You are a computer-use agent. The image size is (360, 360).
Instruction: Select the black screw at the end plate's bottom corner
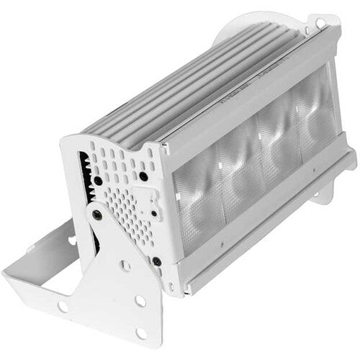pos(156,261)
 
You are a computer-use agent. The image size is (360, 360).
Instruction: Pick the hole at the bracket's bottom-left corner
pos(63,307)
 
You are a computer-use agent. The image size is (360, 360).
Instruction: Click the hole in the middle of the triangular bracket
pos(125,266)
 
